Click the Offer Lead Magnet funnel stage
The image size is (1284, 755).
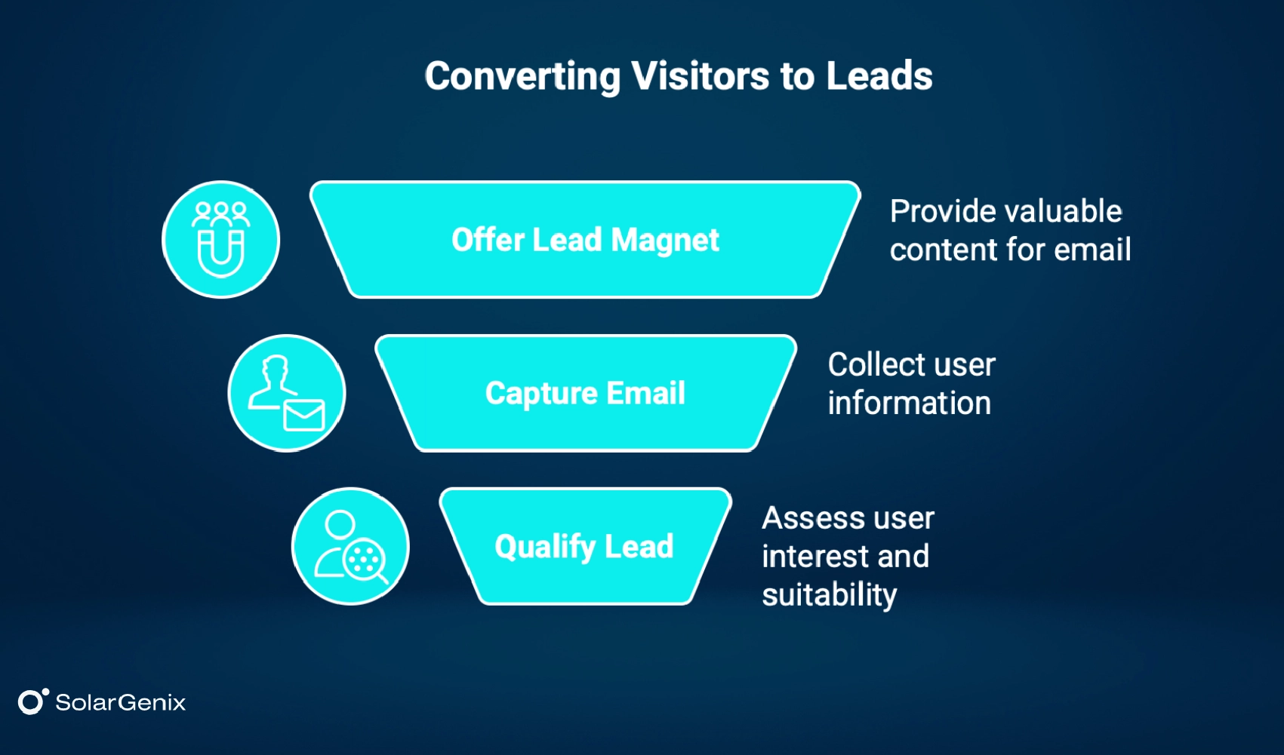click(x=585, y=240)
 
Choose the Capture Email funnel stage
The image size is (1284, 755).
click(x=585, y=393)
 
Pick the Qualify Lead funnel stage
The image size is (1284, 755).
click(x=584, y=546)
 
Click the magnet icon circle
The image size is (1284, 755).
click(x=220, y=240)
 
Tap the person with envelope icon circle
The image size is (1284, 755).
click(x=286, y=393)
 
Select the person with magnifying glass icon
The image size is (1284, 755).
click(x=350, y=546)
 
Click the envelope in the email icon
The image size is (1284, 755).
click(x=304, y=415)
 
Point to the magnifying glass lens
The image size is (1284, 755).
click(x=365, y=560)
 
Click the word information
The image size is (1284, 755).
click(x=909, y=404)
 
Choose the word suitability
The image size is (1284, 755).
click(x=829, y=595)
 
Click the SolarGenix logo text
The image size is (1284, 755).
click(x=120, y=703)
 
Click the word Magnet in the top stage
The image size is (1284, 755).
click(x=664, y=240)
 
